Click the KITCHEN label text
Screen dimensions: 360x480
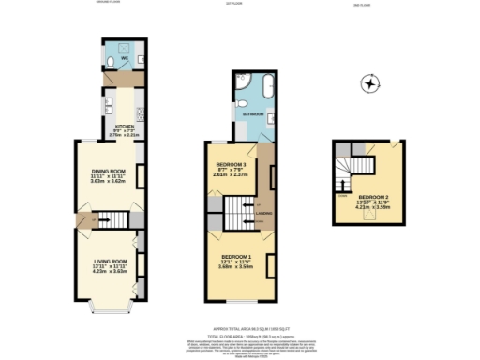125,125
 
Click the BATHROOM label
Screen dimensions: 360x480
252,113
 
